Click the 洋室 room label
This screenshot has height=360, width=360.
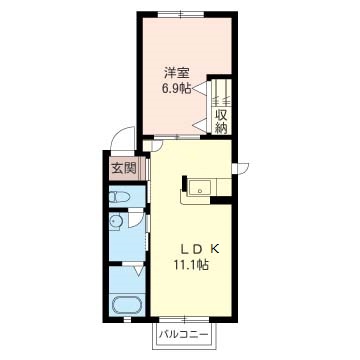pyautogui.click(x=176, y=74)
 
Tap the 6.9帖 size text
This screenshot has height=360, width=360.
pyautogui.click(x=176, y=89)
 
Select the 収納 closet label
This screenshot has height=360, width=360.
pyautogui.click(x=221, y=122)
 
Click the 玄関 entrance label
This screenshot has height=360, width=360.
pyautogui.click(x=124, y=169)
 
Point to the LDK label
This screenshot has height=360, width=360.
pyautogui.click(x=200, y=249)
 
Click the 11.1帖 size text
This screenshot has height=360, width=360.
pyautogui.click(x=191, y=265)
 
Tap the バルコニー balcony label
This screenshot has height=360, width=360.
pyautogui.click(x=183, y=334)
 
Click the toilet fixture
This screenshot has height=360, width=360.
pyautogui.click(x=119, y=197)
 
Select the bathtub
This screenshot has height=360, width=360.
pyautogui.click(x=128, y=306)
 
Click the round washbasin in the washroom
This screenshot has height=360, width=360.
pyautogui.click(x=116, y=222)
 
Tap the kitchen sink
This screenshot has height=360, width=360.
pyautogui.click(x=199, y=188)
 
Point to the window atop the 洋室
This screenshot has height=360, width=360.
pyautogui.click(x=181, y=14)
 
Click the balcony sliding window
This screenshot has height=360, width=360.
pyautogui.click(x=185, y=320)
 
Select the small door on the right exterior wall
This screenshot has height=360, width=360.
pyautogui.click(x=240, y=168)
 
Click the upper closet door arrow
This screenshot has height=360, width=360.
pyautogui.click(x=201, y=89)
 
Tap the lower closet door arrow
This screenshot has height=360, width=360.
pyautogui.click(x=201, y=125)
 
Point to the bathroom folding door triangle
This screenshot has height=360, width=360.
pyautogui.click(x=138, y=271)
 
